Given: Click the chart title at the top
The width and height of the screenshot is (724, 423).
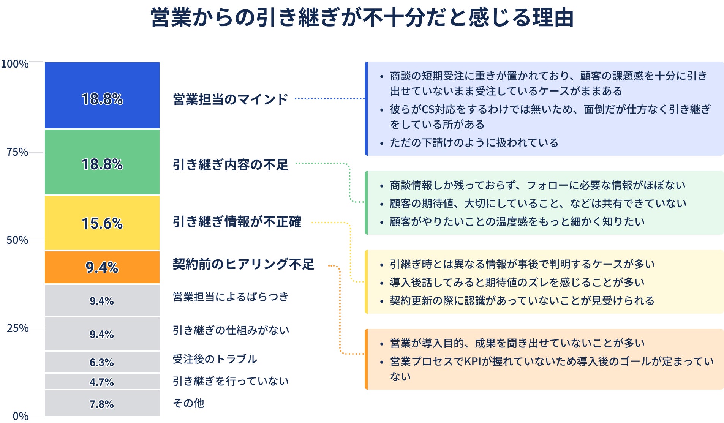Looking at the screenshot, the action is click(x=362, y=17).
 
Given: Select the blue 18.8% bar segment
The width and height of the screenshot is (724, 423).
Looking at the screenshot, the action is click(x=102, y=95).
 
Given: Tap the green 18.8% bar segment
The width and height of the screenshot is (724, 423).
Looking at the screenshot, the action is click(x=102, y=162).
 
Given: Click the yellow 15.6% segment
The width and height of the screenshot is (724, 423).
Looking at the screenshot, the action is click(x=102, y=223).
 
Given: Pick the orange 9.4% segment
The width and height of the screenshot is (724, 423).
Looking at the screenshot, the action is click(x=102, y=267).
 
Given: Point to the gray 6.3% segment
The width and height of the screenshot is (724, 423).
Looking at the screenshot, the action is click(x=102, y=362).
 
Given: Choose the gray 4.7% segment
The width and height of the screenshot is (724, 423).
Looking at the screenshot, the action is click(x=102, y=382).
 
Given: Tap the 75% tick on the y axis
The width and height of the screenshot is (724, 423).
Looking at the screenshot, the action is click(x=17, y=152).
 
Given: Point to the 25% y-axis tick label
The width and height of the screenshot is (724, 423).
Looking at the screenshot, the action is click(x=17, y=328).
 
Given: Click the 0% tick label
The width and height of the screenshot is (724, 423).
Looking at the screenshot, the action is click(x=21, y=416).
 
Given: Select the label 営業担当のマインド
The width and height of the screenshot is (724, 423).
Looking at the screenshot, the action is click(x=230, y=99).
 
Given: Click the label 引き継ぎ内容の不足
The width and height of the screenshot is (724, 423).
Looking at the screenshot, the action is click(x=230, y=165).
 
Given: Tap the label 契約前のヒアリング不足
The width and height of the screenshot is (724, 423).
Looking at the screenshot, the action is click(x=243, y=264).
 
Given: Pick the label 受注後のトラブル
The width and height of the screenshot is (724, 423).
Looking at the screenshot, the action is click(x=215, y=359).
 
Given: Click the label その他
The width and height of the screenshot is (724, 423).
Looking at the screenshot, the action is click(x=188, y=403).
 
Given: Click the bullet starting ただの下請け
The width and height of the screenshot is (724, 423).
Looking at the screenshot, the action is click(x=474, y=143).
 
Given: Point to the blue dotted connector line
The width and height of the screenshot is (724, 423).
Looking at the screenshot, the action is click(x=329, y=99).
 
